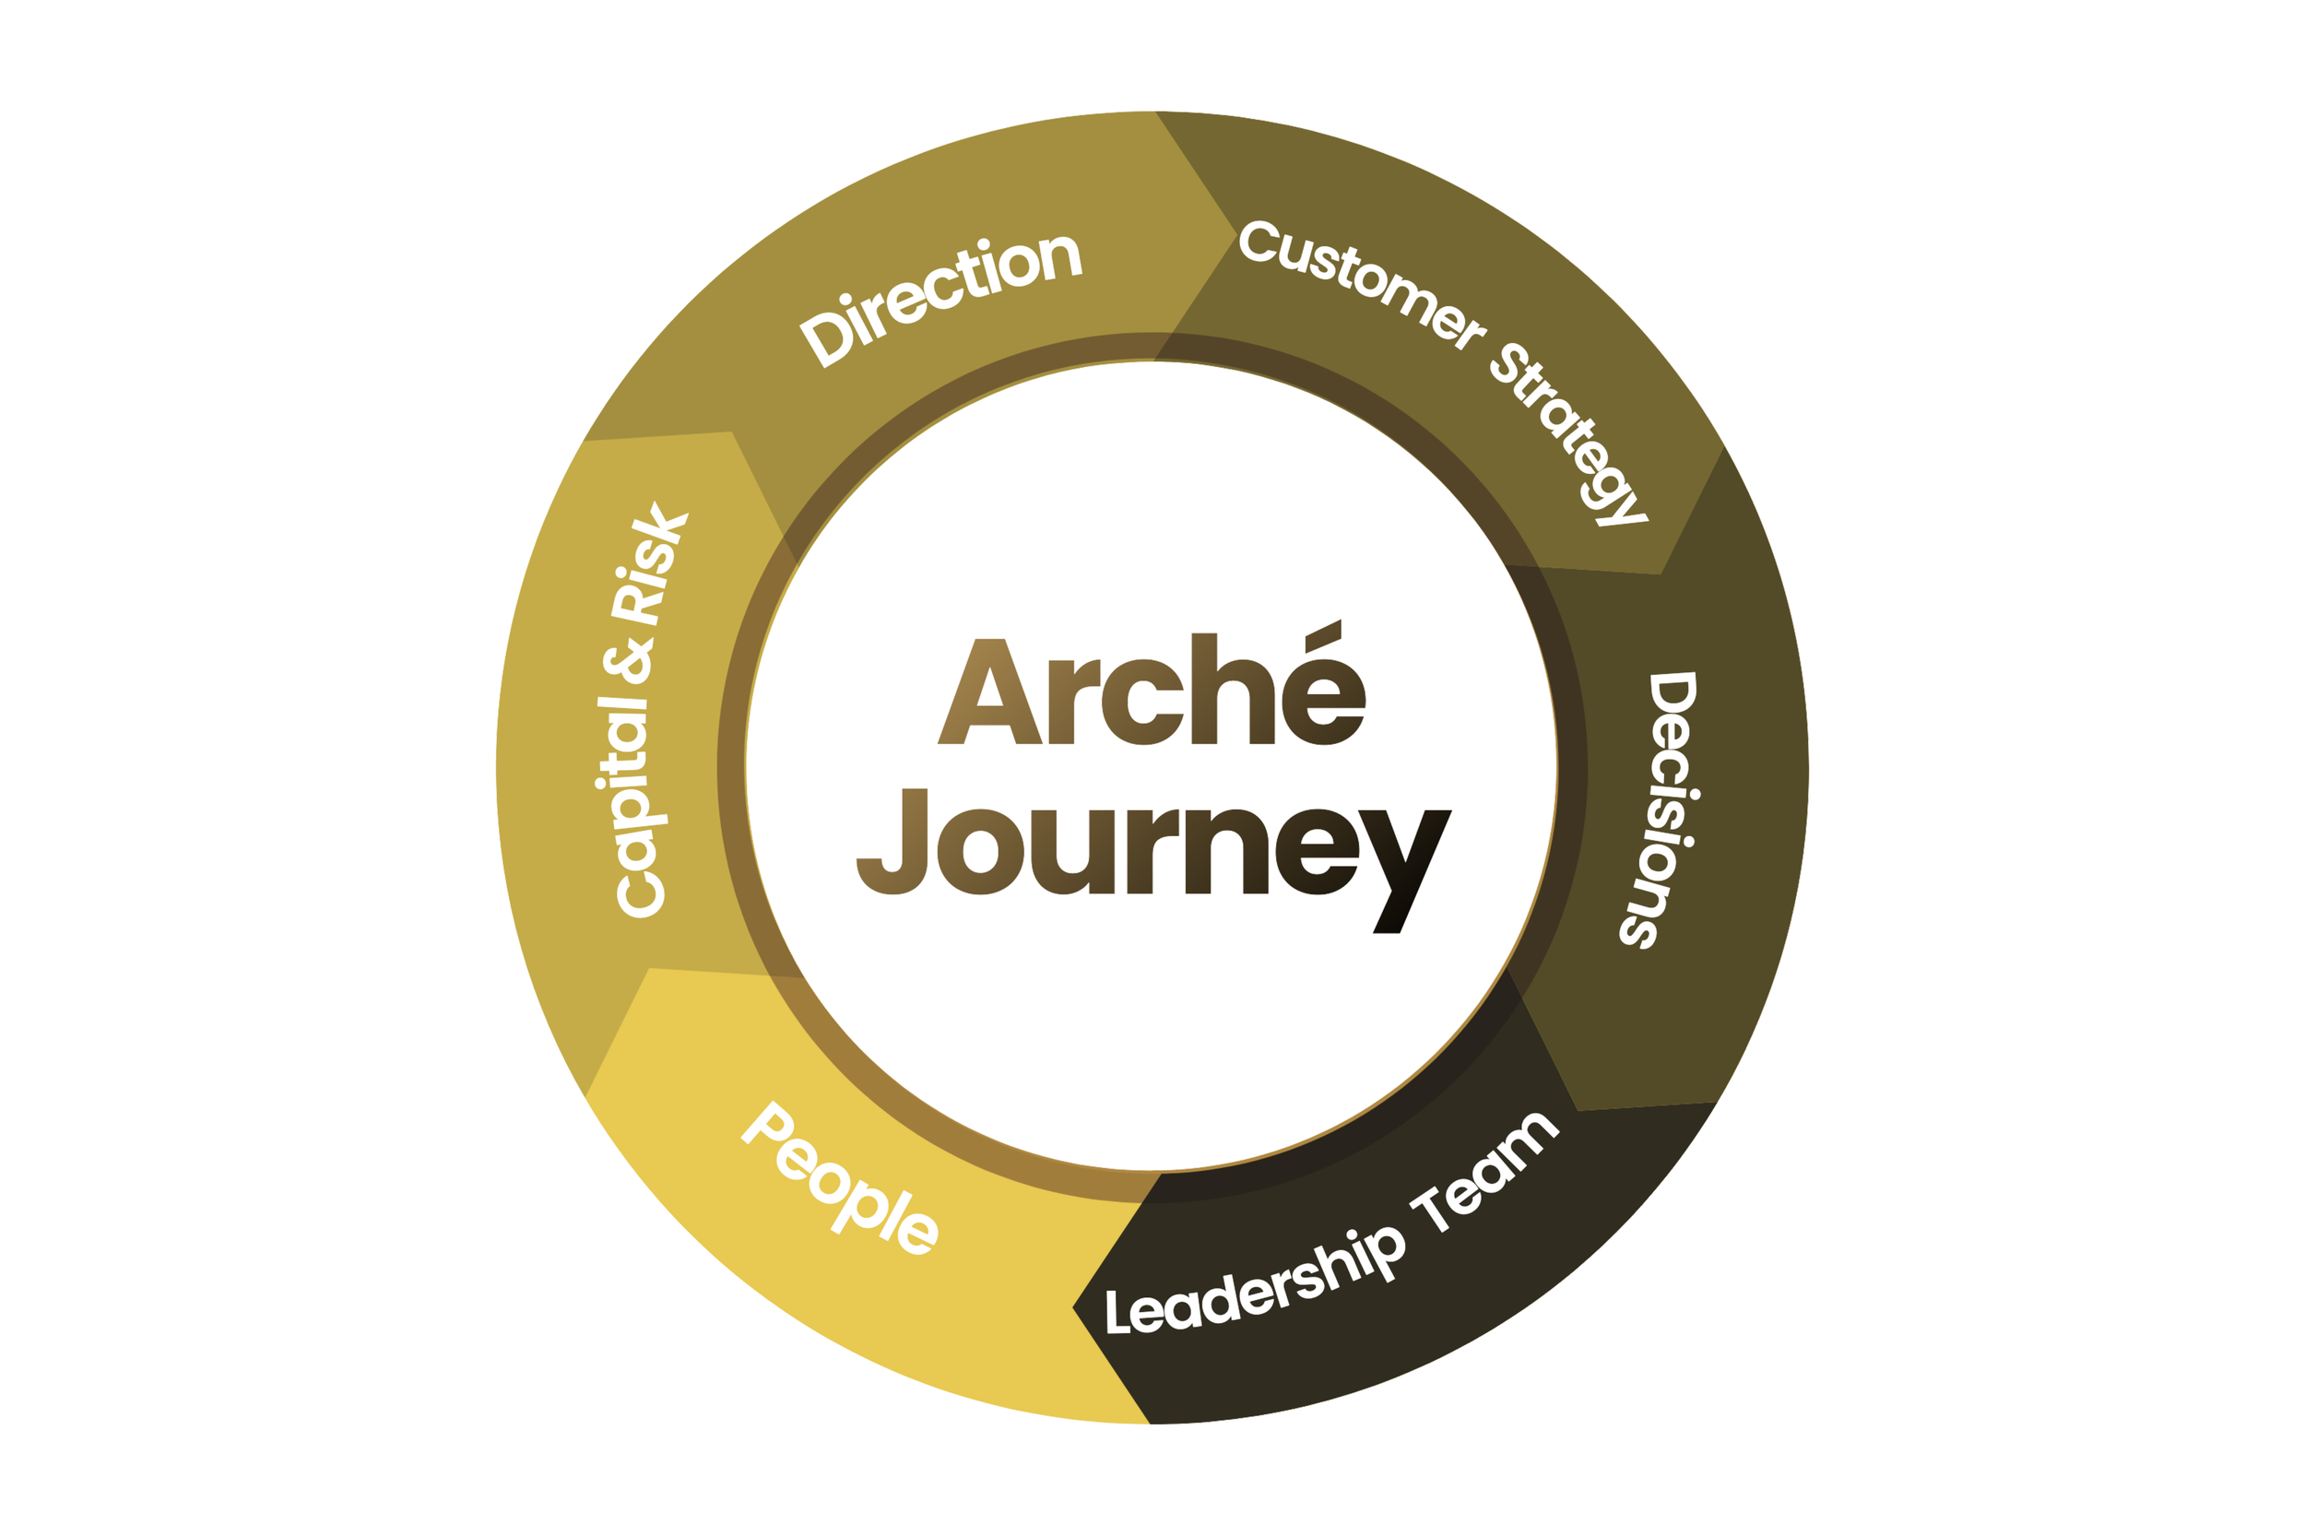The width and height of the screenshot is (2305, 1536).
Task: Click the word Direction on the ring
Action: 940,299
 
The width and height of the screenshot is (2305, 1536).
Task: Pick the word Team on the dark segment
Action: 1484,1170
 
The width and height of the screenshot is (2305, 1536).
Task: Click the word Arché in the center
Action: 1151,691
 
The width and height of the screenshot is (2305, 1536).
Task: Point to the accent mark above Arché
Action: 1322,633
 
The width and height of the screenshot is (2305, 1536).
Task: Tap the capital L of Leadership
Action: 1117,1312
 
